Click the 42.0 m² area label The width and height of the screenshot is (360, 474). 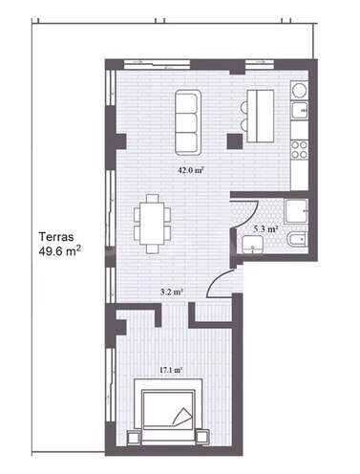(191, 170)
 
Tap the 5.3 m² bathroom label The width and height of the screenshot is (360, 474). (266, 229)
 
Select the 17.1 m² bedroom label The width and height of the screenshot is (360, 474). (171, 370)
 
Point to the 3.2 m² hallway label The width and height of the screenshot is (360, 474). (173, 292)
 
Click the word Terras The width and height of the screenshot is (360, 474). (56, 237)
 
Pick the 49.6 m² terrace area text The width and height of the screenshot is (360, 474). (59, 251)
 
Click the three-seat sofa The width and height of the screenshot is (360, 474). (188, 122)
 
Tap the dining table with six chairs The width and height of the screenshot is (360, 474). (152, 224)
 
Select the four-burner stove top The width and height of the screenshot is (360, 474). (300, 150)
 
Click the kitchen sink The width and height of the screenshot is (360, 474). (300, 110)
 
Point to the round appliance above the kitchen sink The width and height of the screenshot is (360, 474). (299, 90)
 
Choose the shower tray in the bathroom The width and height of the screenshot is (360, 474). (296, 211)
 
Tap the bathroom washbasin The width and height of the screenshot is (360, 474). (252, 246)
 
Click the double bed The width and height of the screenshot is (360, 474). (168, 411)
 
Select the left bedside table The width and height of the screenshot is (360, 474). (134, 438)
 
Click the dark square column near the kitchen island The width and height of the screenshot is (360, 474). (235, 141)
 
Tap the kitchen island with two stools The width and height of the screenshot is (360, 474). (258, 116)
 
